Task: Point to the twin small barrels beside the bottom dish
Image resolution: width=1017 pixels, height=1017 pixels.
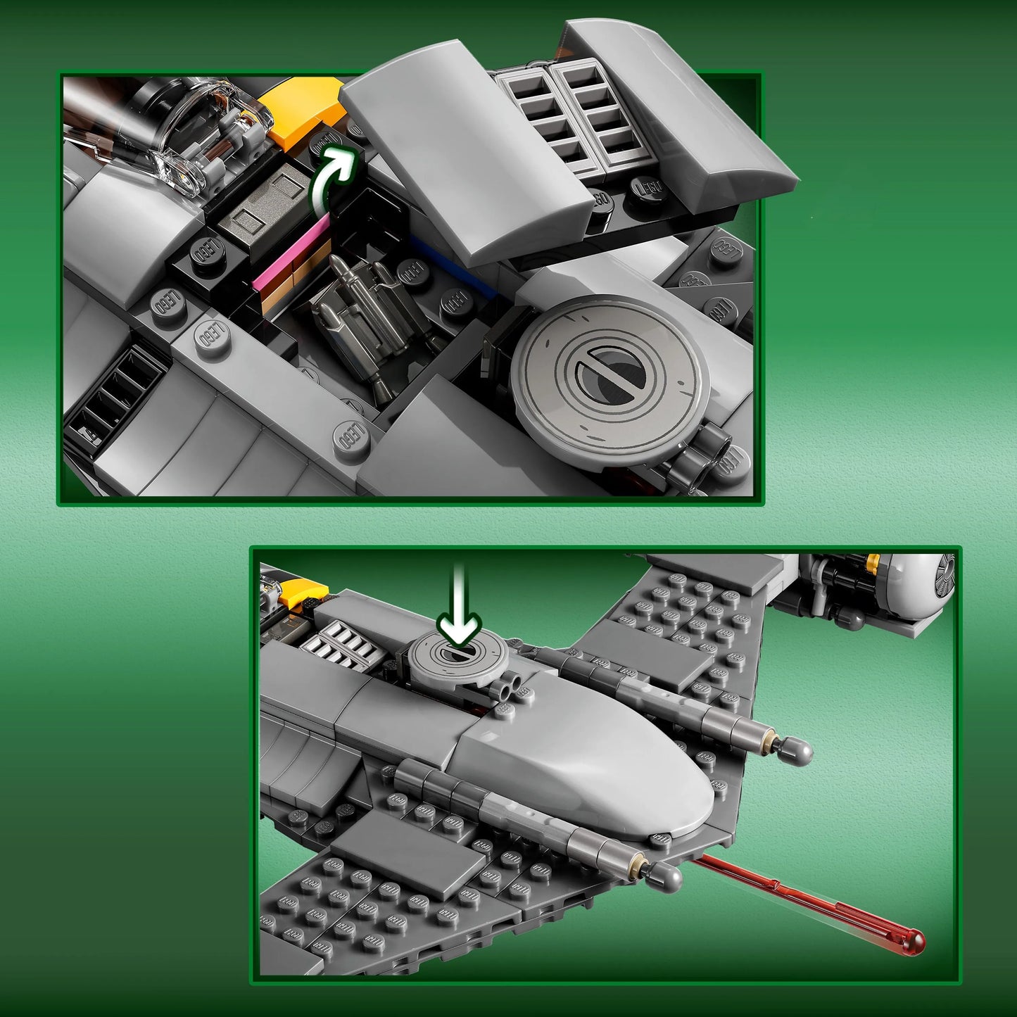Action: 509,686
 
